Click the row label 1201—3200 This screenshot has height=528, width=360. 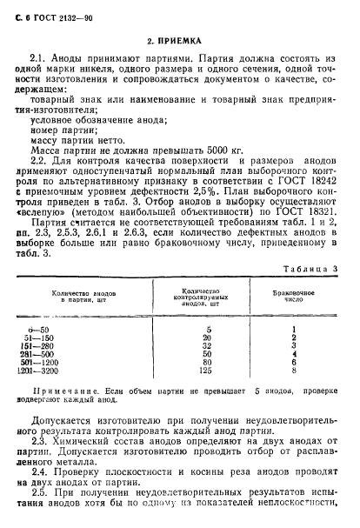74,371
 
